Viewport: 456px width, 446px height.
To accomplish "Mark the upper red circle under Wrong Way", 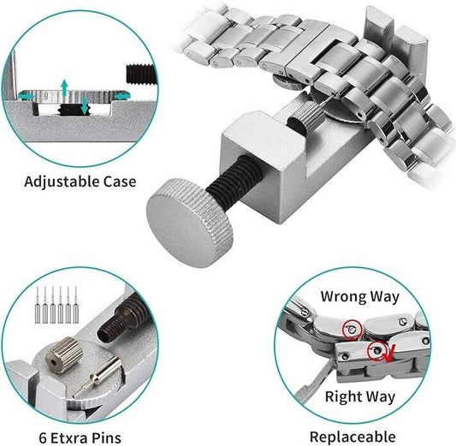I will [x=350, y=326].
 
